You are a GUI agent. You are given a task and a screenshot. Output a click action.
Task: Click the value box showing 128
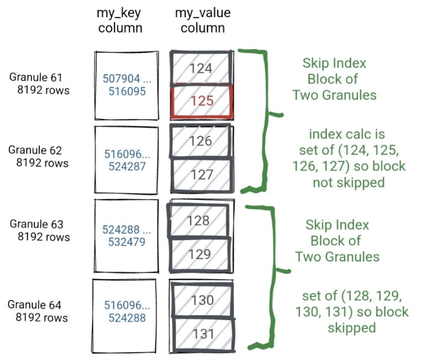tap(199, 221)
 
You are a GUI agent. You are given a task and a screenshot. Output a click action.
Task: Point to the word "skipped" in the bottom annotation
tap(352, 327)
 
